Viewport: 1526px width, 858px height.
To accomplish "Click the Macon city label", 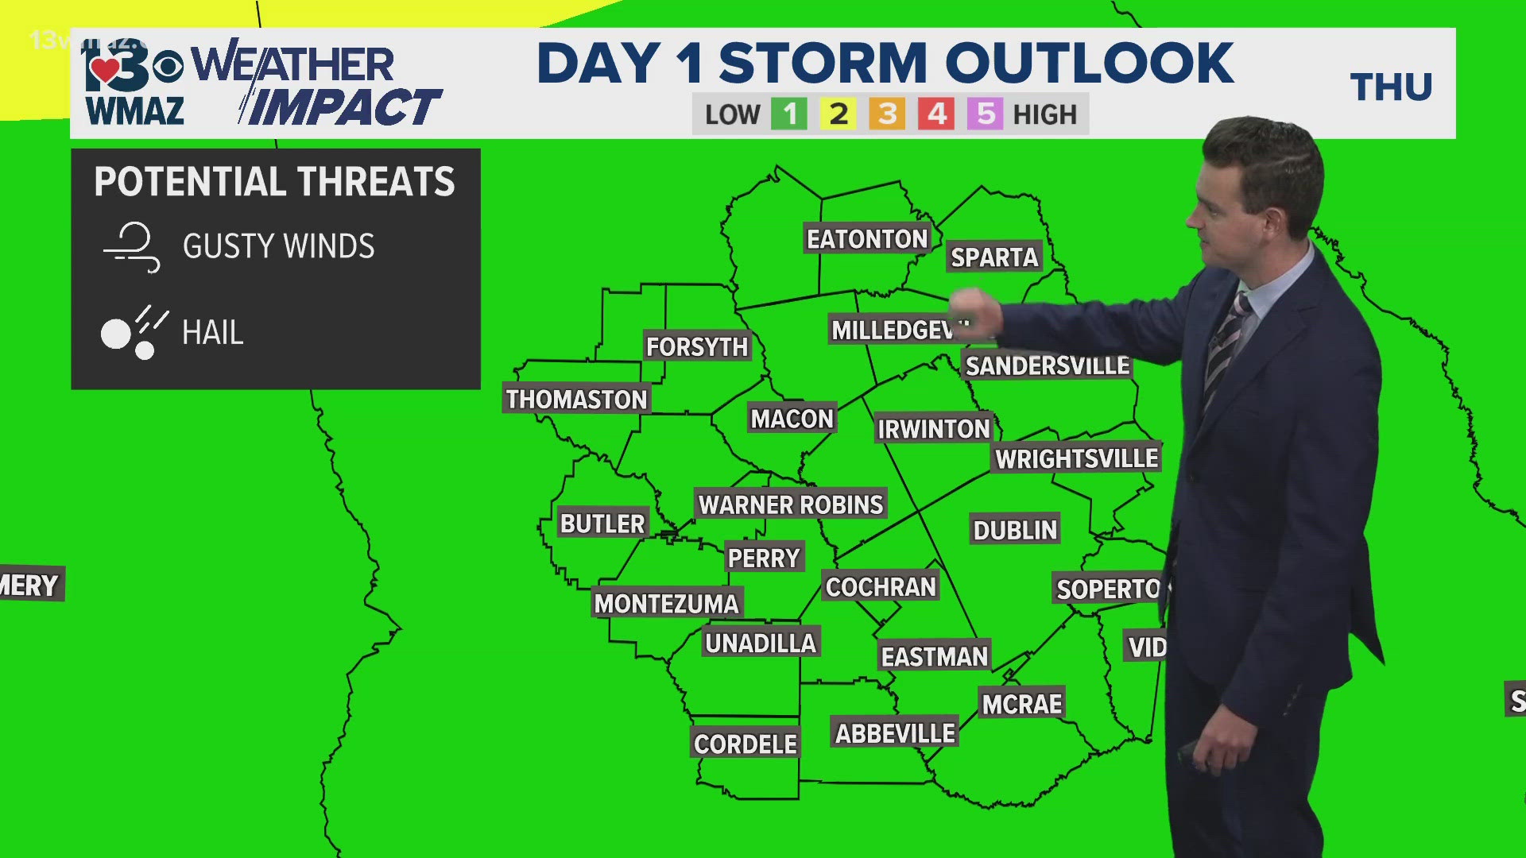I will (x=792, y=419).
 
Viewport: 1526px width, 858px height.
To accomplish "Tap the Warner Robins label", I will (x=790, y=504).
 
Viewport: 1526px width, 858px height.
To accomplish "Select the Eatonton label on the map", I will (x=867, y=239).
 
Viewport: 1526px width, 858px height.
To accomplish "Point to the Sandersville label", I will (x=1047, y=366).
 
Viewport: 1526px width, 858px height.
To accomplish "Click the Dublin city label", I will (x=1015, y=530).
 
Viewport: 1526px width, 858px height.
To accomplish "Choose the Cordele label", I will (x=745, y=744).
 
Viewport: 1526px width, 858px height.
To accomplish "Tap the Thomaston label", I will (x=576, y=399).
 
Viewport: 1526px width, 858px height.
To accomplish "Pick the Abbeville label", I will (x=895, y=733).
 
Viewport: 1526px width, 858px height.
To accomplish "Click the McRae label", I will (x=1021, y=704).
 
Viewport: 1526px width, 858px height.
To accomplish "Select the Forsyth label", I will (x=696, y=347).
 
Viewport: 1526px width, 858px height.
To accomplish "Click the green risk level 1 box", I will (x=789, y=114).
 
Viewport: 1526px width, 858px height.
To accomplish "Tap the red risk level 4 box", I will (x=937, y=114).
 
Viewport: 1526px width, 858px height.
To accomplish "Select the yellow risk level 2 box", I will (x=839, y=114).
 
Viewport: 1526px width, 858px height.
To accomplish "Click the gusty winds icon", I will (x=132, y=247).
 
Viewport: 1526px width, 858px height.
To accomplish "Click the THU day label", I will (x=1391, y=87).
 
